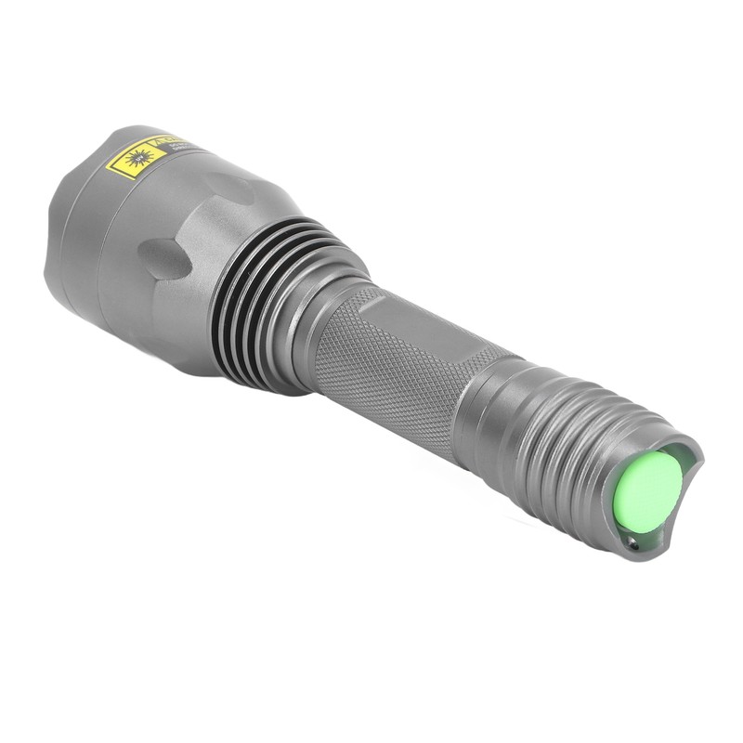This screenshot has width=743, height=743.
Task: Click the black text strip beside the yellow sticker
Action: (176, 147)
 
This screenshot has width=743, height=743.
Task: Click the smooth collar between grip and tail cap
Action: (488, 409)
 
